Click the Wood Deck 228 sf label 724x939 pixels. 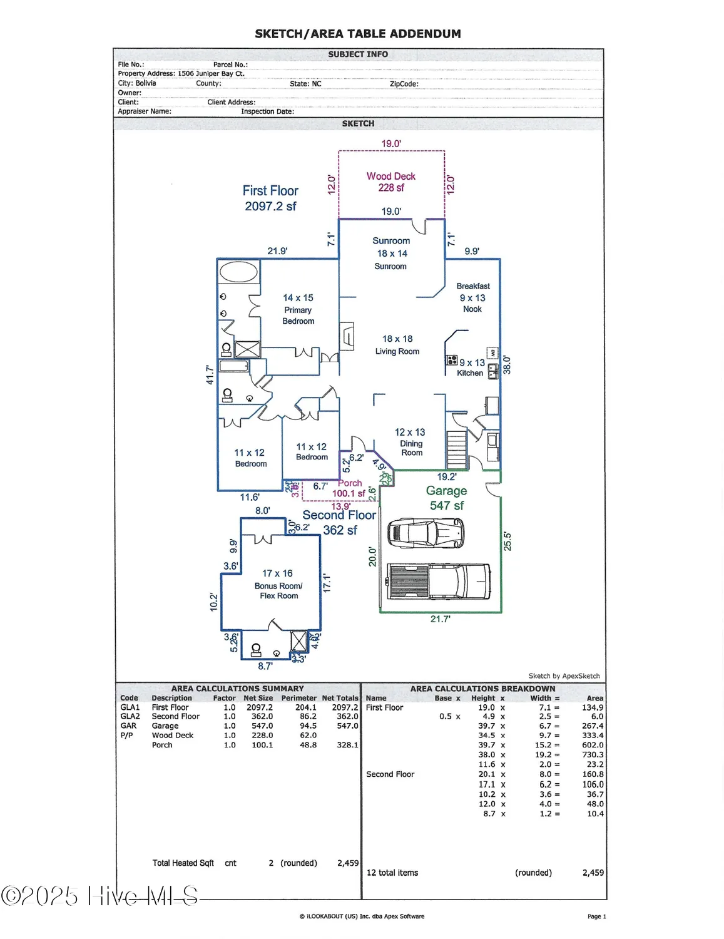391,182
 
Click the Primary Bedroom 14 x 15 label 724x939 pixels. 298,309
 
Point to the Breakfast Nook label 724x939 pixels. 473,297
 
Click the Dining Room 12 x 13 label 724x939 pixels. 410,442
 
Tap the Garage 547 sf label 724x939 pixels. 447,498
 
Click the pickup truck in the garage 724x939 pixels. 438,582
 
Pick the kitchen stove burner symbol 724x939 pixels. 451,360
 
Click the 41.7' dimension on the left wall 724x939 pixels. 210,375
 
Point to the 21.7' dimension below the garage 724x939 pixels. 440,619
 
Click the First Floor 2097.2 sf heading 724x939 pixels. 270,198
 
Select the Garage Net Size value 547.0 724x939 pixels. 262,726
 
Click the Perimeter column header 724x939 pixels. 298,698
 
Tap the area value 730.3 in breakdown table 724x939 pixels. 593,755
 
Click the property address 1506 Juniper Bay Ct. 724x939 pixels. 211,73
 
